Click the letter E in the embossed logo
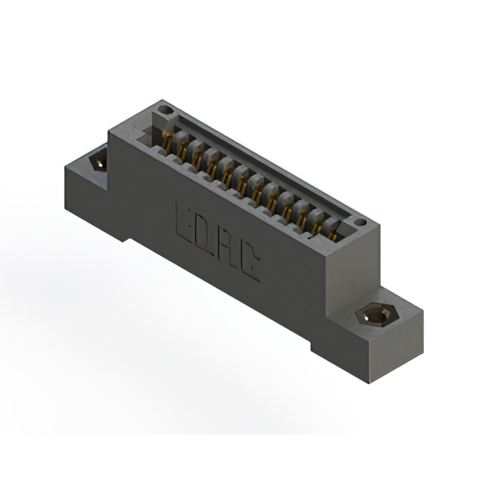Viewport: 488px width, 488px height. [x=186, y=220]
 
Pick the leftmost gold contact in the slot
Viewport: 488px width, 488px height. [x=168, y=140]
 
